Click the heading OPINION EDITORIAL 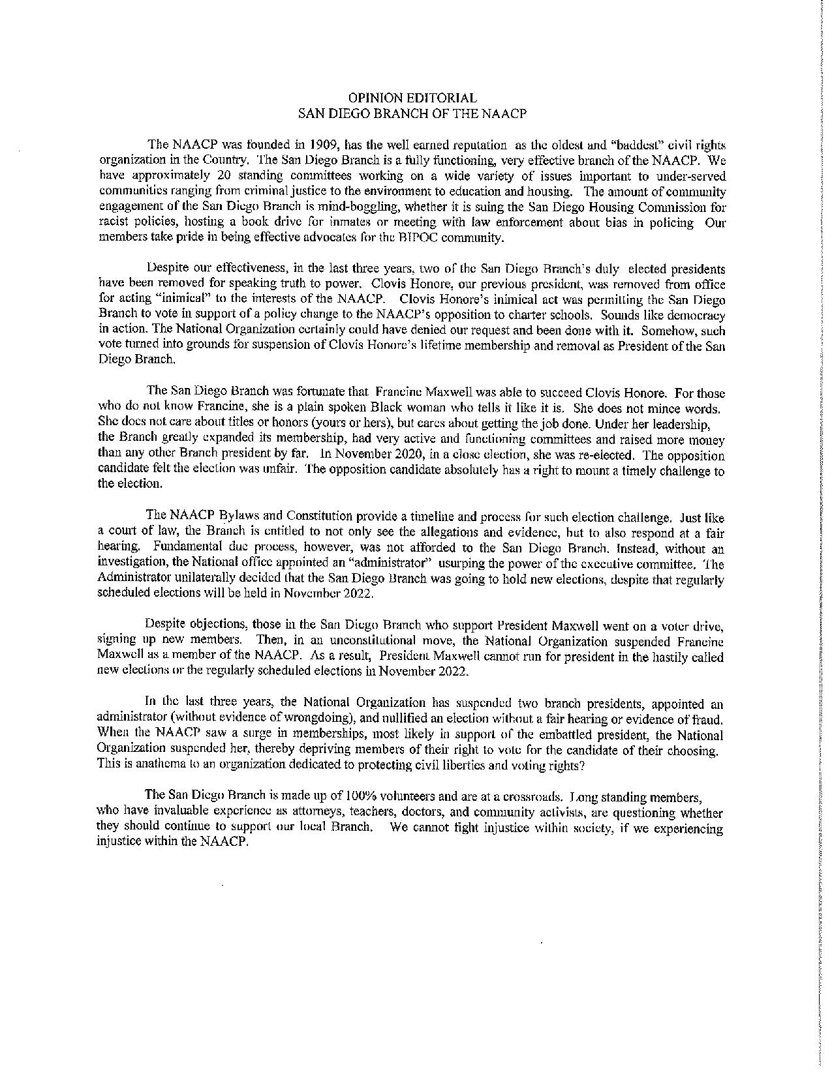tap(412, 98)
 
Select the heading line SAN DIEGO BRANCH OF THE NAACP tap(412, 113)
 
